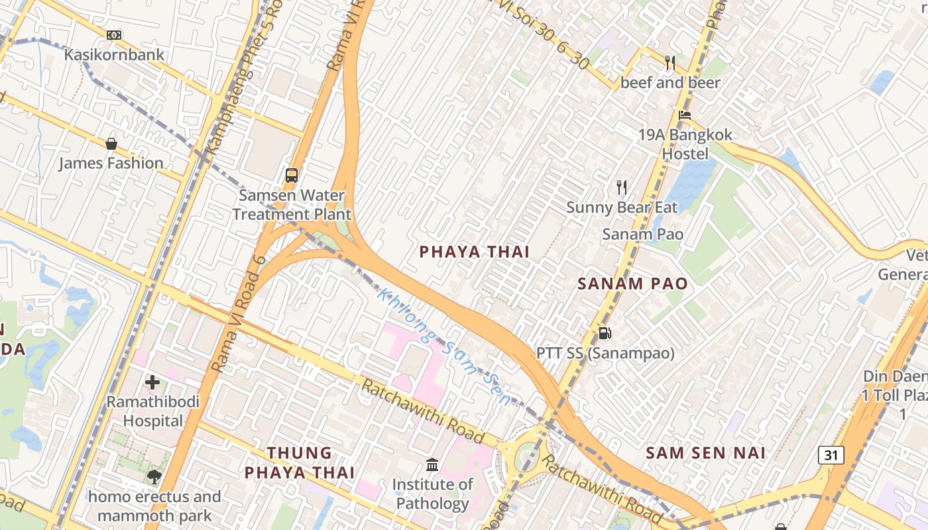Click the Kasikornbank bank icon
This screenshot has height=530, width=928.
pos(114,35)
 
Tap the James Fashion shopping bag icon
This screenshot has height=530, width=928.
pos(111,144)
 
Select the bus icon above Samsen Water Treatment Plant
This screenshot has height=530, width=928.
pos(292,176)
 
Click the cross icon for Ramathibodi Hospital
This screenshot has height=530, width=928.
pos(152,382)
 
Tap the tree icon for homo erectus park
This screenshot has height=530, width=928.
pos(154,477)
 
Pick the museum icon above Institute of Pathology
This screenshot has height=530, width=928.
pos(432,465)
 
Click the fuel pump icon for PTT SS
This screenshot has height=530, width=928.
pos(605,333)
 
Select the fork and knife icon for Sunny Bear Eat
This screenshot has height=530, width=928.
pos(621,187)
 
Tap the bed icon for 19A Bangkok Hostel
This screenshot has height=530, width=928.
pos(685,115)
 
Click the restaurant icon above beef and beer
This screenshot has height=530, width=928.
pos(670,63)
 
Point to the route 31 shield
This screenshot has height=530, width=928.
pos(831,455)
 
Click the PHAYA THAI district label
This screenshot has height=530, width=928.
pos(475,252)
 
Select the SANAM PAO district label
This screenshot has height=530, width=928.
pos(632,284)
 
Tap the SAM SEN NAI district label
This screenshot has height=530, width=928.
pos(706,453)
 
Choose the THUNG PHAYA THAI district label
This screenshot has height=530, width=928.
pos(300,462)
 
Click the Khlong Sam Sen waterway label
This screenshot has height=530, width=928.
pos(444,346)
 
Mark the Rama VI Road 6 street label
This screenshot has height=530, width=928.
pos(239,313)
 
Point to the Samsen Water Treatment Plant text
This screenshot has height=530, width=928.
pos(292,205)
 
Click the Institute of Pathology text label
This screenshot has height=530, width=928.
pos(432,494)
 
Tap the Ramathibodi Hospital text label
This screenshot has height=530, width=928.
pos(153,411)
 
